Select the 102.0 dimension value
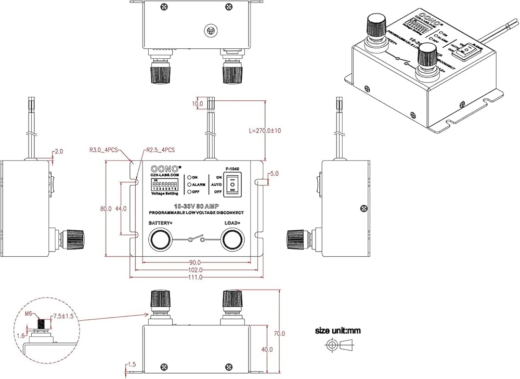[x=196, y=270]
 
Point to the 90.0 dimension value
[x=196, y=262]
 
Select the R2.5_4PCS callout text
[x=160, y=150]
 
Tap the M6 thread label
[x=30, y=313]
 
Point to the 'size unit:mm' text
[x=338, y=330]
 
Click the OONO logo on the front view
[x=165, y=168]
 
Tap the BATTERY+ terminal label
[x=161, y=223]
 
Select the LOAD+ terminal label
[x=232, y=223]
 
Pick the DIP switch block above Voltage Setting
[x=165, y=184]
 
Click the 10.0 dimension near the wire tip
[x=198, y=104]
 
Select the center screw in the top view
[x=211, y=31]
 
